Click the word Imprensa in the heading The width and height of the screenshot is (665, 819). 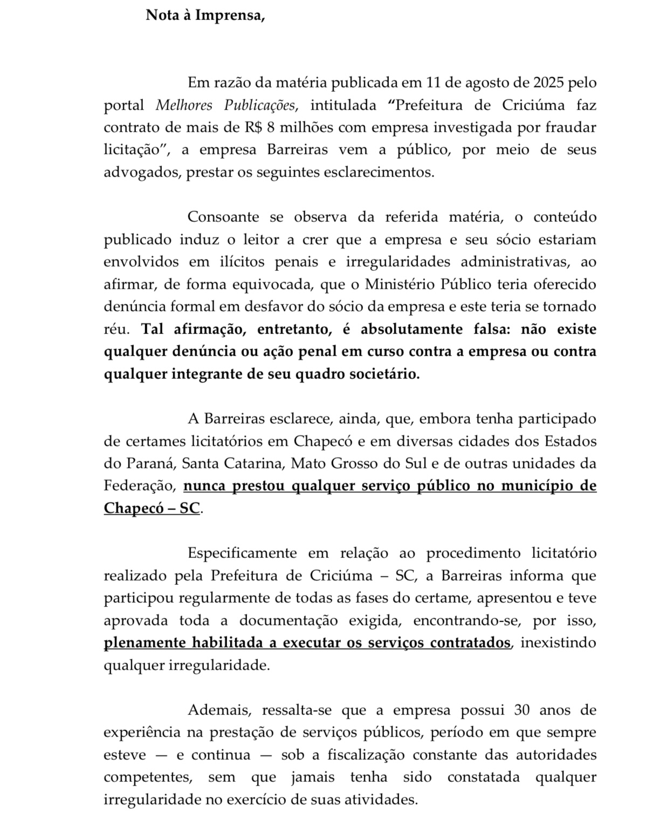point(229,15)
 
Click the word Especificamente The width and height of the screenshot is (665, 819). point(242,553)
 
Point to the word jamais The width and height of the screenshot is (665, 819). point(313,777)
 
